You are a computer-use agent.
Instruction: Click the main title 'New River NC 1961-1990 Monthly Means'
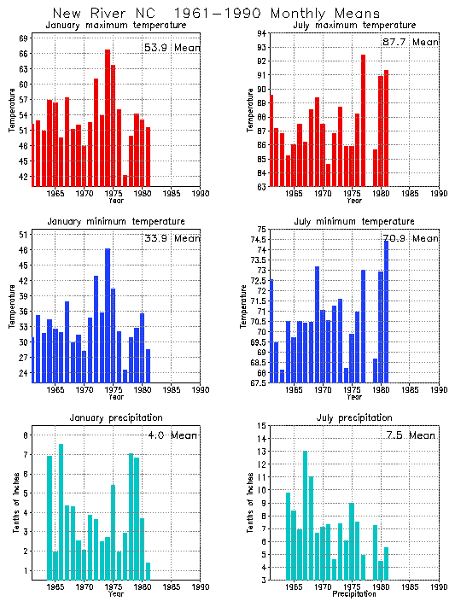pyautogui.click(x=226, y=14)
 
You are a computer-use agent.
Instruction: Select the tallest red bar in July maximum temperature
pyautogui.click(x=363, y=120)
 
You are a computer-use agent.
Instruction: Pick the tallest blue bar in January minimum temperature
pyautogui.click(x=108, y=315)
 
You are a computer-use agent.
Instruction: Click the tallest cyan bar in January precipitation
pyautogui.click(x=61, y=512)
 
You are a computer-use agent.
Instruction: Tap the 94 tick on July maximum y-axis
pyautogui.click(x=261, y=32)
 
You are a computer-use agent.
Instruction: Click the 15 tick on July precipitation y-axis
pyautogui.click(x=261, y=425)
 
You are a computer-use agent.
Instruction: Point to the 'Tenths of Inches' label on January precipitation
pyautogui.click(x=15, y=503)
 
